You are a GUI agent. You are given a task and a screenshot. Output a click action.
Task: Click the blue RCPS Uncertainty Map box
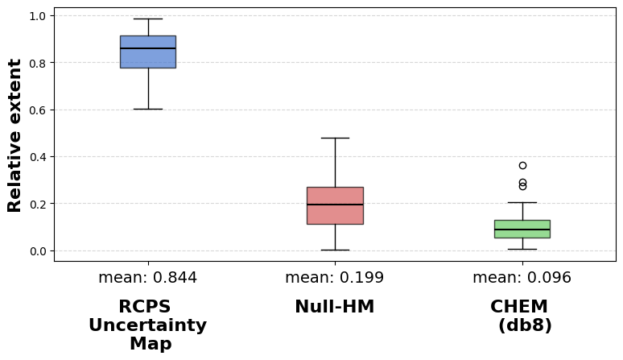click(148, 52)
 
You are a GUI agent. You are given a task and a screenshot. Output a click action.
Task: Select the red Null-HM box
click(336, 206)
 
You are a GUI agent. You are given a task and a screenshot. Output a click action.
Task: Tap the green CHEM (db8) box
click(522, 230)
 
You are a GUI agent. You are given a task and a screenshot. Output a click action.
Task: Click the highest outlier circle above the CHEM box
click(522, 166)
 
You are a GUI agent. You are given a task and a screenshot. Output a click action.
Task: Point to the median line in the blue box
click(148, 48)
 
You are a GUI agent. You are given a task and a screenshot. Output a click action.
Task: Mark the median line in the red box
click(336, 205)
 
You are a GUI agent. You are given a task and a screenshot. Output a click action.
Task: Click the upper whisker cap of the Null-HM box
click(336, 138)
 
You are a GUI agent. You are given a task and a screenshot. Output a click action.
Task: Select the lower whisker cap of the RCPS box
click(148, 109)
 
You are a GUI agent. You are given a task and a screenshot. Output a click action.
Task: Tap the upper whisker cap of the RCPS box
click(148, 19)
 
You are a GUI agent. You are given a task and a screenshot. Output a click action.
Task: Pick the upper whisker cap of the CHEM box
click(522, 203)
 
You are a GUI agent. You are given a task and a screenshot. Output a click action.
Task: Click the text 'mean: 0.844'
click(148, 277)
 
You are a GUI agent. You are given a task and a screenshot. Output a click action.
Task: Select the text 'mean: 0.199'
click(335, 277)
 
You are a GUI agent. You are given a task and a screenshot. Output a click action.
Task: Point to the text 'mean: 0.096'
click(522, 277)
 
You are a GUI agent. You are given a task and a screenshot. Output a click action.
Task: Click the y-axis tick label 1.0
click(37, 16)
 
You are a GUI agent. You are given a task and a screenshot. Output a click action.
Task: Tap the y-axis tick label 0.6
click(37, 110)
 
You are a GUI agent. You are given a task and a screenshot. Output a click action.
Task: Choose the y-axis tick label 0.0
click(37, 251)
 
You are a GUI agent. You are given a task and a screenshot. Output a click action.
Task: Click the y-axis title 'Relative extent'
click(14, 135)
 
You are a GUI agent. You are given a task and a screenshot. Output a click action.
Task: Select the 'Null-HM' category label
click(335, 307)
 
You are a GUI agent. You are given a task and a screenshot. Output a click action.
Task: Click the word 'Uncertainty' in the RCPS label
click(148, 325)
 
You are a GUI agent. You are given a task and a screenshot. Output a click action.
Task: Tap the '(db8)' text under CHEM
click(525, 325)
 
